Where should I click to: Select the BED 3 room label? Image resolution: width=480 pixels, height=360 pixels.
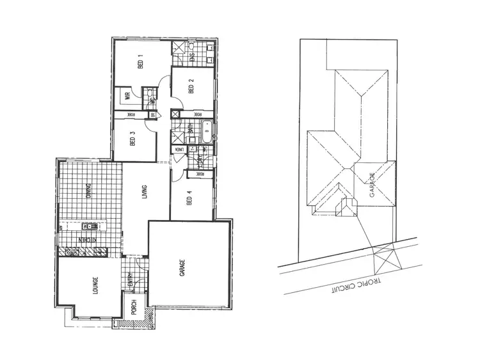[132, 138]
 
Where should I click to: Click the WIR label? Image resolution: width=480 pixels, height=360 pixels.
[127, 97]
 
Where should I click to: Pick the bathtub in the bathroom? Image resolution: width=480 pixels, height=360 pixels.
[206, 134]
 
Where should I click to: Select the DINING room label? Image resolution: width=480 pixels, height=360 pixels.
[89, 192]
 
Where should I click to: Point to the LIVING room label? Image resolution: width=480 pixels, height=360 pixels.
[145, 192]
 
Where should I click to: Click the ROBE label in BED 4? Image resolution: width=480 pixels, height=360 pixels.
[199, 173]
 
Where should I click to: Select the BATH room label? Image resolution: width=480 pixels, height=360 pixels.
[191, 130]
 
